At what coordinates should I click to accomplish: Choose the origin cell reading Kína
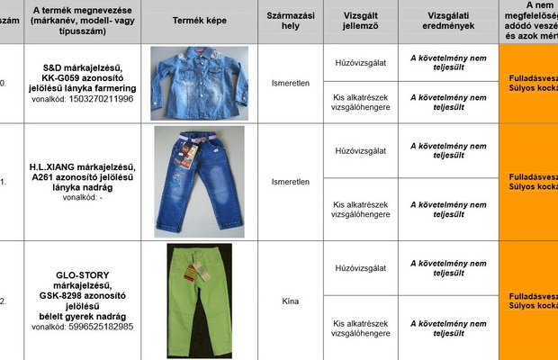coord(290,301)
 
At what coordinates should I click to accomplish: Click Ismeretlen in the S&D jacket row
coord(290,83)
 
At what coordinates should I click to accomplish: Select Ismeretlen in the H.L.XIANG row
coord(290,181)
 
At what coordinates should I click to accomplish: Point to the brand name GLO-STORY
coord(88,273)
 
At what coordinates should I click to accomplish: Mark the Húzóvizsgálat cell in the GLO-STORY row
coord(360,268)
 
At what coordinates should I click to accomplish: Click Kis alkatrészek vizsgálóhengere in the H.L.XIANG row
coord(360,210)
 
